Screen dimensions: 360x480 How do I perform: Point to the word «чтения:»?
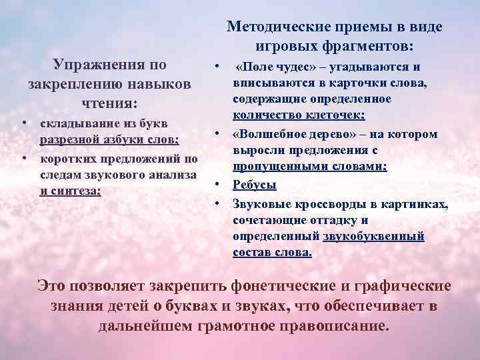(109, 103)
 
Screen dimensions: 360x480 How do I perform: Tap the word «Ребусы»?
(254, 185)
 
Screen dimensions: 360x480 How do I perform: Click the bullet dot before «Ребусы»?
(218, 184)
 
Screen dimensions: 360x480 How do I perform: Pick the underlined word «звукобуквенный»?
(373, 236)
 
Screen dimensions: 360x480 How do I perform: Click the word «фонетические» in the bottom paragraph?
(284, 287)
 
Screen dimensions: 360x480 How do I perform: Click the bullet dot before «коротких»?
(24, 159)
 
